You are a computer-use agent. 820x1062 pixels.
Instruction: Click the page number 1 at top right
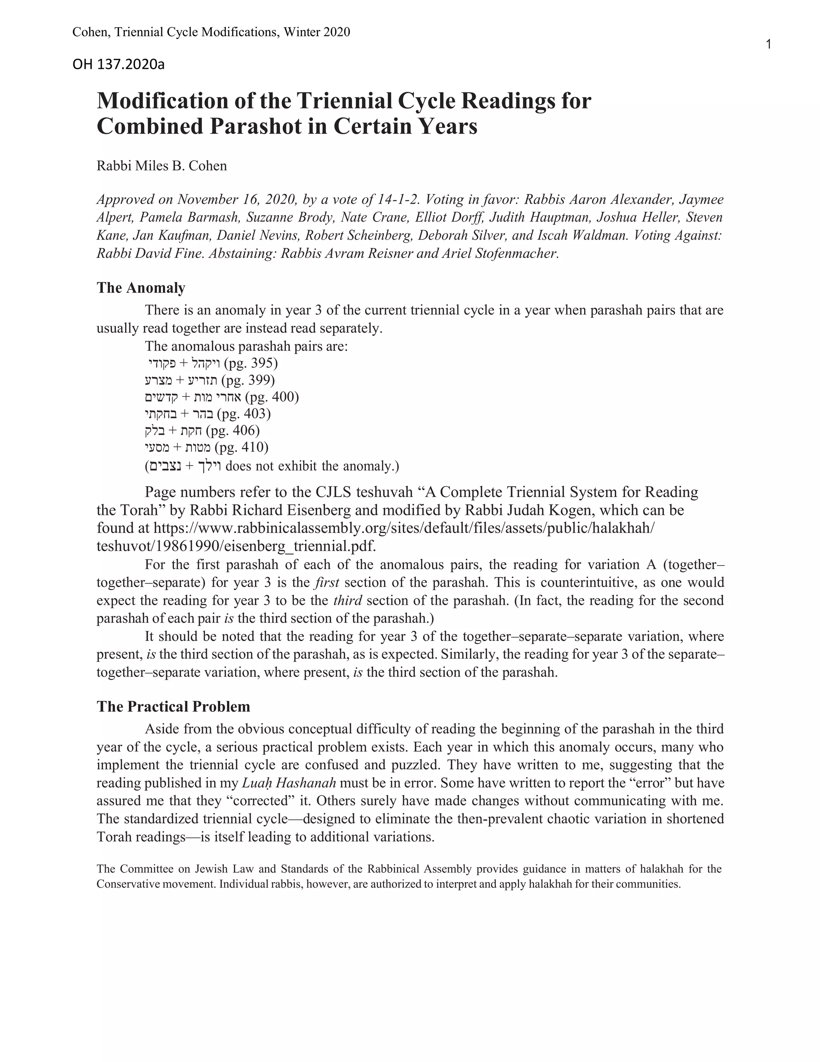[768, 45]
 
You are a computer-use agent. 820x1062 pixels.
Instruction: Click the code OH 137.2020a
[118, 64]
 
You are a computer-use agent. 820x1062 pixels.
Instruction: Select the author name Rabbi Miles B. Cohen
[162, 166]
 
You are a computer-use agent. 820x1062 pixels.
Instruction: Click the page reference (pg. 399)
[248, 380]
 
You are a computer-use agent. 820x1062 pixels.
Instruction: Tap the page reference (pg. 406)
[233, 430]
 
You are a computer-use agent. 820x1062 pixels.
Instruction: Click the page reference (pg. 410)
[241, 447]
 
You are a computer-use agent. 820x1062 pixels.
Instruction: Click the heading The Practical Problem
[173, 707]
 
